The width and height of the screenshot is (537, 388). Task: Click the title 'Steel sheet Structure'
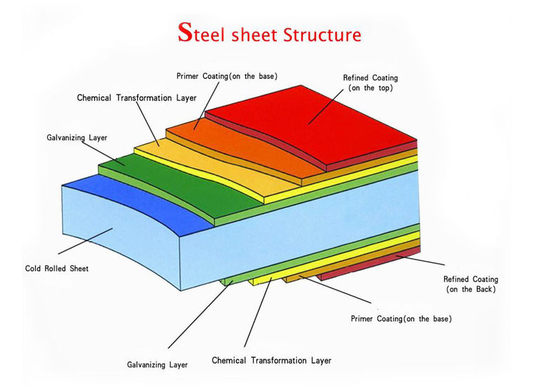269,33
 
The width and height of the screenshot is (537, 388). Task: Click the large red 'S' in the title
184,32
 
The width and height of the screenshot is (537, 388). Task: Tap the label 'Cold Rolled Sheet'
56,269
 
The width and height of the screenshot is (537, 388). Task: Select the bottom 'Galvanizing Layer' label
157,364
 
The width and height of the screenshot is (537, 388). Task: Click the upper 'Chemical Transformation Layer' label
137,98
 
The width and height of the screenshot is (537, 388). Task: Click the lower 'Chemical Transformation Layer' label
272,360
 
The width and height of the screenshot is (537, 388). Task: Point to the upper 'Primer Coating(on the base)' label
227,76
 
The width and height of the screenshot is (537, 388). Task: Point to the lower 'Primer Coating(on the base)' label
401,318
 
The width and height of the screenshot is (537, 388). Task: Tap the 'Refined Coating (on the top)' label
370,82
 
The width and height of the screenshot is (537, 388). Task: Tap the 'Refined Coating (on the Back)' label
471,284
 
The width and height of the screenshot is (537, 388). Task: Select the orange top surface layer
236,143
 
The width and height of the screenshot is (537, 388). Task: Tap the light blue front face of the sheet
143,236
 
